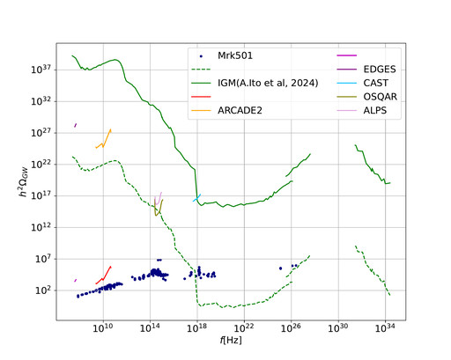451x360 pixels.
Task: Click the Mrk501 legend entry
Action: tap(235, 55)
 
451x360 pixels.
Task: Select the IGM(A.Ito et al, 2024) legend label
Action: tap(268, 83)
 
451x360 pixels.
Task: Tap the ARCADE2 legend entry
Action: tap(240, 111)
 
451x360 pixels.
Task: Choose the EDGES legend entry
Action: tap(380, 70)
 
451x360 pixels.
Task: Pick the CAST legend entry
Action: tap(376, 83)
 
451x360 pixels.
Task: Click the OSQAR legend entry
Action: tap(381, 97)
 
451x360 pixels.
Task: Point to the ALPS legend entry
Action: tap(375, 111)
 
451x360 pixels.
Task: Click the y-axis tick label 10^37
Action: tap(41, 70)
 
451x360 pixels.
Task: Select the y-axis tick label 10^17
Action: tap(41, 195)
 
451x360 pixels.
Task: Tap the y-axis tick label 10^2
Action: tap(43, 290)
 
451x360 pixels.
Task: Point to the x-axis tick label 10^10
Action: tap(103, 327)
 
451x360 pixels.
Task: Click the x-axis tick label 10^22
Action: tap(244, 327)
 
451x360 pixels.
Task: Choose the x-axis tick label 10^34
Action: tap(385, 327)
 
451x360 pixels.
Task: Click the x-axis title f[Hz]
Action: tap(231, 340)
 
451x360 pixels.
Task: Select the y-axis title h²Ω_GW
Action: tap(24, 181)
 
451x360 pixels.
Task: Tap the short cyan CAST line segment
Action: tap(196, 198)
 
